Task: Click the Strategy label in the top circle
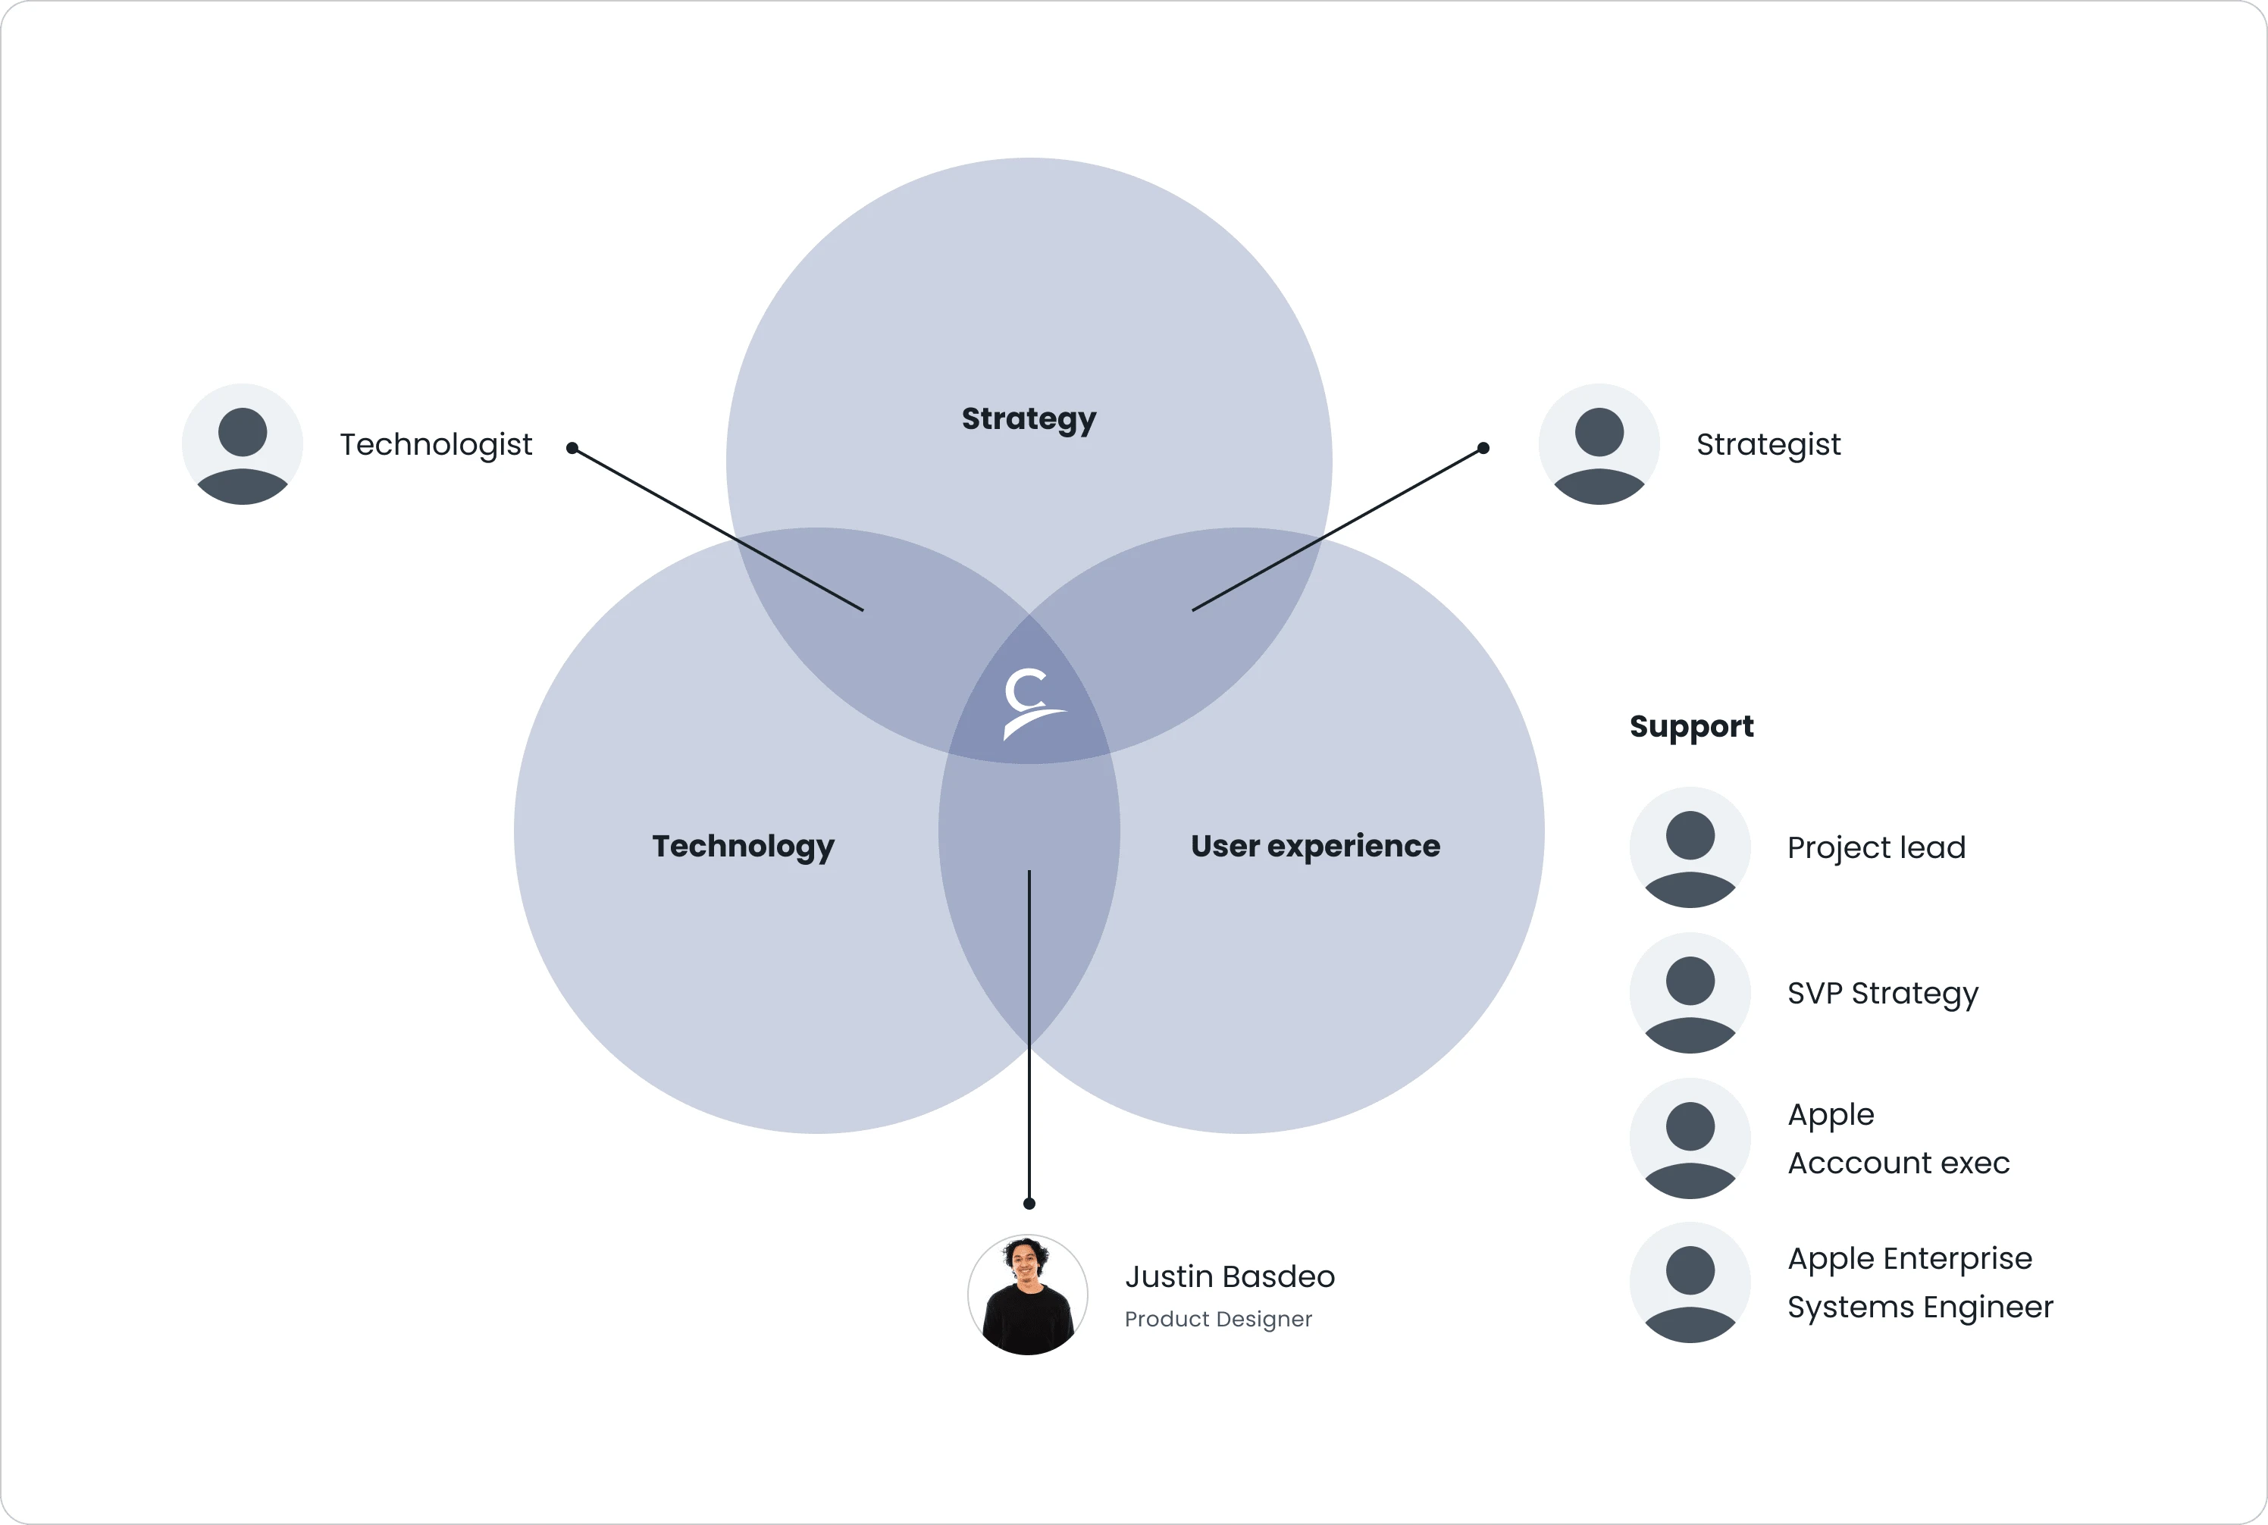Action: tap(1028, 418)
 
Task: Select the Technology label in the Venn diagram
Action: tap(743, 846)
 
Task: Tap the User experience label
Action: tap(1315, 846)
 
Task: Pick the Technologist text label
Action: tap(436, 444)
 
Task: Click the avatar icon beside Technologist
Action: tap(242, 444)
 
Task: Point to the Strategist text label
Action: tap(1768, 444)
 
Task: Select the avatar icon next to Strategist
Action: tap(1599, 444)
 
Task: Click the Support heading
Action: tap(1691, 727)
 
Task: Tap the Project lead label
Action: tap(1876, 847)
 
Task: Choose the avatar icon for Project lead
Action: tap(1690, 847)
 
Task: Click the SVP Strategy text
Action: tap(1883, 993)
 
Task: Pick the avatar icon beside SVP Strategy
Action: tap(1690, 993)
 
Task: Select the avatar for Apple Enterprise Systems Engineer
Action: tap(1690, 1282)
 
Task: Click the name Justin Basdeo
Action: tap(1230, 1276)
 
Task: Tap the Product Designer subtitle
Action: tap(1217, 1319)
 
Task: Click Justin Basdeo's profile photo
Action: tap(1028, 1295)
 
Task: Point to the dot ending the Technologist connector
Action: tap(573, 449)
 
